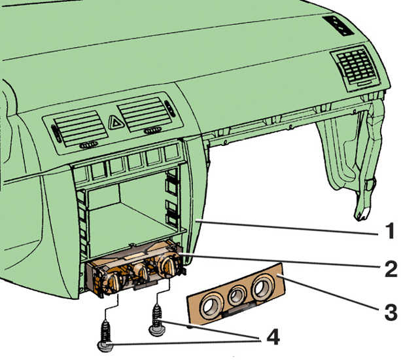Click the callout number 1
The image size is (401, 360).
coord(390,231)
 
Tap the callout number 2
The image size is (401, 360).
coord(391,269)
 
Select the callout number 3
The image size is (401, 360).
coord(391,312)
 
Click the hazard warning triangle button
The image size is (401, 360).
coord(116,122)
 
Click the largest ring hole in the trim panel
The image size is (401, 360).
coord(263,287)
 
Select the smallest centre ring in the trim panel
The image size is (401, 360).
coord(237,295)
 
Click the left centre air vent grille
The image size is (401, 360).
coord(80,128)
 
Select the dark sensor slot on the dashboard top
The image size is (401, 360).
coord(338,26)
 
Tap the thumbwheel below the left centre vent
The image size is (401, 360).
coord(88,145)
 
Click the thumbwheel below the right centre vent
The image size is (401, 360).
coord(152,131)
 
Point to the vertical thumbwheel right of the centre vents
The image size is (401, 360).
coord(170,109)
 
